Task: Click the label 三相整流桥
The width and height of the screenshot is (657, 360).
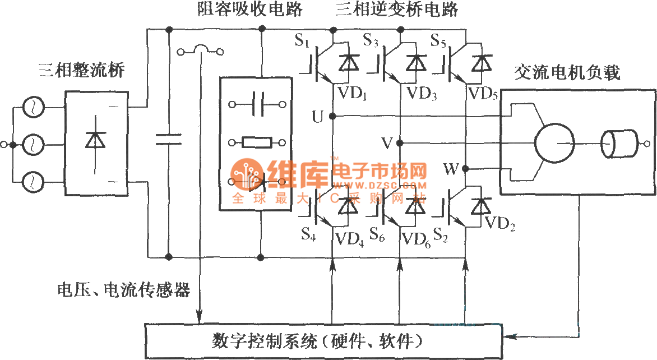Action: pyautogui.click(x=81, y=71)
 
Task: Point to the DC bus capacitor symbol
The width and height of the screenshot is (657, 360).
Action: pyautogui.click(x=169, y=139)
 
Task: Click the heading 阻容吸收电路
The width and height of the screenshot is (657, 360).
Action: pyautogui.click(x=251, y=10)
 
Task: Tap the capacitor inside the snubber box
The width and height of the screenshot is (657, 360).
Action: pyautogui.click(x=257, y=104)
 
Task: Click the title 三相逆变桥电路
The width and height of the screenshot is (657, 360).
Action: pyautogui.click(x=396, y=10)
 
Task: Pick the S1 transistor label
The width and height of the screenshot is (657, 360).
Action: pyautogui.click(x=302, y=40)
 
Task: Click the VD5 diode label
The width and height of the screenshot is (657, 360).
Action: pyautogui.click(x=483, y=93)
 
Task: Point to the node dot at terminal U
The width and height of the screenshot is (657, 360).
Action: pyautogui.click(x=332, y=116)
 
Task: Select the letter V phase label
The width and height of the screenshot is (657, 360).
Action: pyautogui.click(x=387, y=143)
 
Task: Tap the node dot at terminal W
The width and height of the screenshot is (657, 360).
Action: pyautogui.click(x=466, y=169)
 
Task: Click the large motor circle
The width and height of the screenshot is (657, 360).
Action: pyautogui.click(x=554, y=142)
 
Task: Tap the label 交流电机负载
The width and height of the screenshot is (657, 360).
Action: pyautogui.click(x=567, y=73)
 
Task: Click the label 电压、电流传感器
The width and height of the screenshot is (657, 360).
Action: pyautogui.click(x=124, y=290)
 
